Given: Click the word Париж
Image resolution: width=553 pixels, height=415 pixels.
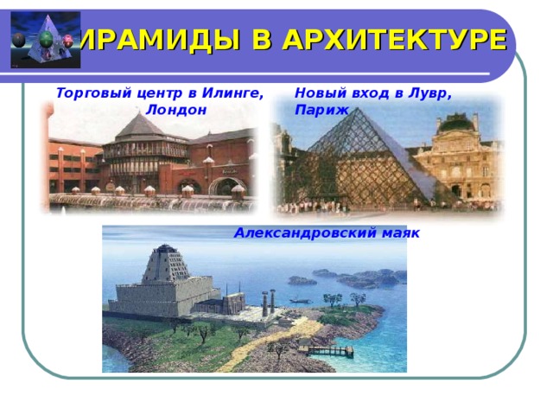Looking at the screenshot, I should [321, 110].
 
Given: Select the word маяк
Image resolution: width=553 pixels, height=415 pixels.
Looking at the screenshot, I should [402, 233].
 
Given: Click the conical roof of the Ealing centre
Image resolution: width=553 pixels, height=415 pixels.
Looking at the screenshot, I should [139, 129].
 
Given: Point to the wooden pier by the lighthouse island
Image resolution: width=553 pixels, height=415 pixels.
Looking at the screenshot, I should [332, 350].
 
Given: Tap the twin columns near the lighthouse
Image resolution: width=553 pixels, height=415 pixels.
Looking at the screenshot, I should [268, 303].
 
